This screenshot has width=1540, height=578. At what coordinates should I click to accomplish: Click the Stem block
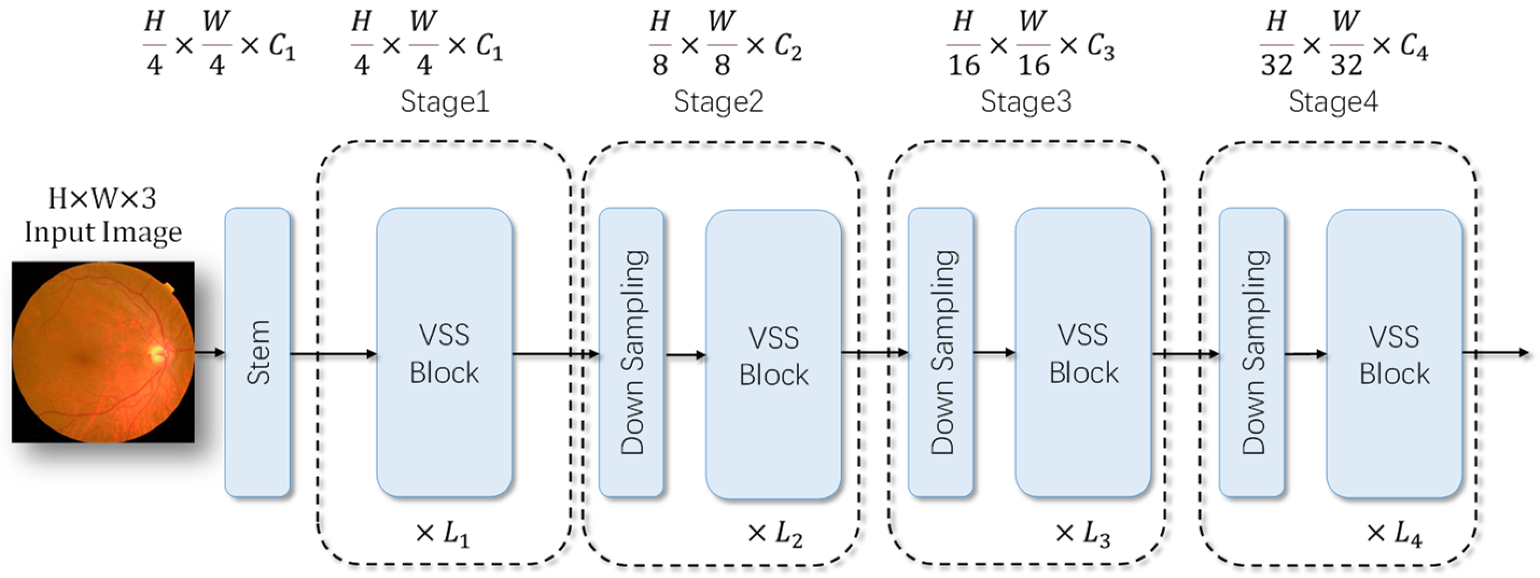coord(257,353)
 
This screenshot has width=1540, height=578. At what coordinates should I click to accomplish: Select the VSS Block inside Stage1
coord(444,353)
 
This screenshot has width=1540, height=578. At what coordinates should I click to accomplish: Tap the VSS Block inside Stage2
coord(773,355)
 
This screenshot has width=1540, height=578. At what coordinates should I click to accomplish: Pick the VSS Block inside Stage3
coord(1083,353)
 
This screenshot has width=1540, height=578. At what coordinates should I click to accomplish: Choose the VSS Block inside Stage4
coord(1394,354)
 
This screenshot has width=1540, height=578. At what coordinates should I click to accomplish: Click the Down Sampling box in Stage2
coord(631,353)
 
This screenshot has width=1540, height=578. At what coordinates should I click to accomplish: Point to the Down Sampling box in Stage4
coord(1252,353)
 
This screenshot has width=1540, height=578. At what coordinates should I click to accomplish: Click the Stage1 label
coord(445,102)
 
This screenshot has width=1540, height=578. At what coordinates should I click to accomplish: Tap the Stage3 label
coord(1026,102)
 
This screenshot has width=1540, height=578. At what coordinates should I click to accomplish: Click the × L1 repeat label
coord(443,533)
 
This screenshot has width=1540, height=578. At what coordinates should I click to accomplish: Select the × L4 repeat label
coord(1394,533)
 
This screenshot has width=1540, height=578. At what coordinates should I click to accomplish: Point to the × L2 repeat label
coord(775,533)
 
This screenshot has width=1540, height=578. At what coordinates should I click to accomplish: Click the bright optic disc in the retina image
coord(157,353)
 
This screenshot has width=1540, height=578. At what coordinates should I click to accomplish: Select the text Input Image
coord(103,232)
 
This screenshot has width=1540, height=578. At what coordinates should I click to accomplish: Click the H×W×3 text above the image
coord(102,199)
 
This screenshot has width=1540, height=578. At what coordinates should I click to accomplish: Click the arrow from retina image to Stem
coord(209,353)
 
